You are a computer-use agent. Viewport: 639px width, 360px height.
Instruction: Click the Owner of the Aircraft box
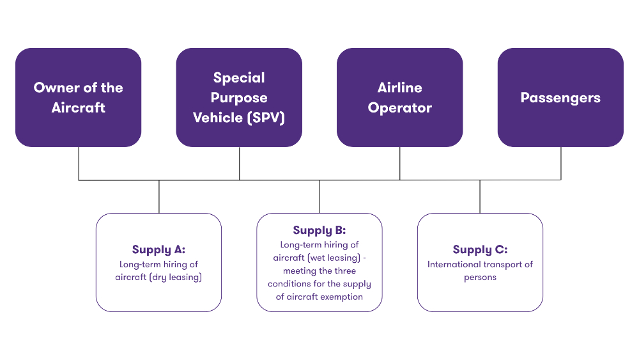(78, 97)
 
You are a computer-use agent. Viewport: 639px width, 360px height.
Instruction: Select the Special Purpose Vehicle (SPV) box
(239, 97)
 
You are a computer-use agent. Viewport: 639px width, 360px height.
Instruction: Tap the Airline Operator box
(400, 97)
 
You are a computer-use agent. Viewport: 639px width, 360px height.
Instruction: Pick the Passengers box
(560, 97)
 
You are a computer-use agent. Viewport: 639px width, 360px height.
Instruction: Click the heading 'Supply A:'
(158, 250)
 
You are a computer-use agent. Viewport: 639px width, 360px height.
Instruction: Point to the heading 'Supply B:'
(319, 230)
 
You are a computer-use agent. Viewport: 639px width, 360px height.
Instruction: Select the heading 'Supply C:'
(480, 250)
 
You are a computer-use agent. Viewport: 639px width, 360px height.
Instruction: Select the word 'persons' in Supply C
(480, 278)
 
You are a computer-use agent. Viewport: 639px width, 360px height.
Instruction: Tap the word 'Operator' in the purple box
(400, 107)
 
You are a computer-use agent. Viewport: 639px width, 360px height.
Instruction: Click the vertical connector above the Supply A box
(159, 196)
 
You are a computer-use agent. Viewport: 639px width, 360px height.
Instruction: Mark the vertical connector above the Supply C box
(480, 196)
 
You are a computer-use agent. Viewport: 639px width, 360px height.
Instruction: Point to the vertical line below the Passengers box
(561, 163)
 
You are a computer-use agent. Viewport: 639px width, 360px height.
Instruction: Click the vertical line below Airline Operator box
(400, 163)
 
